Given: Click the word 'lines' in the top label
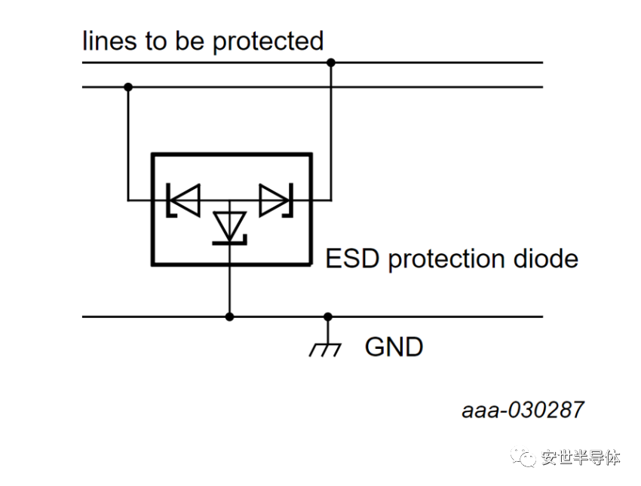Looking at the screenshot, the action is pyautogui.click(x=109, y=41).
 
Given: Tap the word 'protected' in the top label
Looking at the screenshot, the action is pyautogui.click(x=268, y=42).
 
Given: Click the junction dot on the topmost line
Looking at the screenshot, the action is pyautogui.click(x=331, y=63).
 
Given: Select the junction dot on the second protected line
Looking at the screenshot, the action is pyautogui.click(x=128, y=87).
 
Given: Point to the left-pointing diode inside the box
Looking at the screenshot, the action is pyautogui.click(x=183, y=200).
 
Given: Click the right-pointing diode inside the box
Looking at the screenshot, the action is pyautogui.click(x=276, y=200).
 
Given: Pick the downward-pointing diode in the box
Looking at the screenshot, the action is pyautogui.click(x=230, y=228).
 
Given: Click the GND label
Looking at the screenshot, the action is pyautogui.click(x=394, y=347).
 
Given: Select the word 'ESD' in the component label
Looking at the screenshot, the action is pyautogui.click(x=352, y=258).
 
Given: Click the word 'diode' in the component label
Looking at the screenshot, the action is pyautogui.click(x=546, y=258).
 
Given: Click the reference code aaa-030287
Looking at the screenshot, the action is pyautogui.click(x=523, y=410).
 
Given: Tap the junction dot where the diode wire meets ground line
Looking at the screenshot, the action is pyautogui.click(x=230, y=316).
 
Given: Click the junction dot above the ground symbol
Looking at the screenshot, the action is pyautogui.click(x=328, y=316).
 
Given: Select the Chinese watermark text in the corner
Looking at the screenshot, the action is pyautogui.click(x=581, y=457).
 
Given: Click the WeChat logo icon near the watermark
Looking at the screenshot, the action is pyautogui.click(x=523, y=457).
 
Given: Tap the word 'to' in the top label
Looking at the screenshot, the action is pyautogui.click(x=156, y=41).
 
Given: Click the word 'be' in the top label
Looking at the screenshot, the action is pyautogui.click(x=190, y=41).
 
